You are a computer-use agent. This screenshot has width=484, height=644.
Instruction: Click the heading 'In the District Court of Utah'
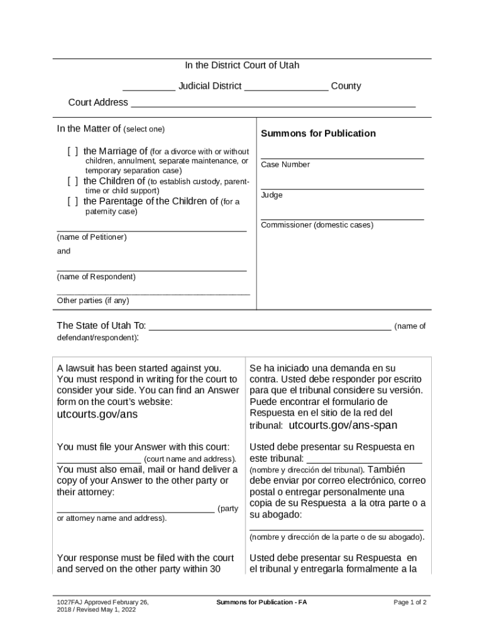[242, 65]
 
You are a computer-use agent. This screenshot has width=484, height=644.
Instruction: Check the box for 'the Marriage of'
[74, 151]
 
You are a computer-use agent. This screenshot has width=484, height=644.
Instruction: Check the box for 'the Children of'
[74, 181]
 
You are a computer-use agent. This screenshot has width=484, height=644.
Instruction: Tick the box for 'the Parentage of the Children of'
[74, 201]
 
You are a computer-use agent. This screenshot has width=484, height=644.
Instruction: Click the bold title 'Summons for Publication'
[318, 133]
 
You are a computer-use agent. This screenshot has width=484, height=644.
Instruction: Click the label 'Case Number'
[285, 165]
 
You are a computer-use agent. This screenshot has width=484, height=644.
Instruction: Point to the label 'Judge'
[272, 195]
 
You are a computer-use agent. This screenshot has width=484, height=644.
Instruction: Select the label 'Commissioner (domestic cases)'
[317, 225]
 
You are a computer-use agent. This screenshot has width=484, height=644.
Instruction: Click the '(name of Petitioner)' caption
[92, 237]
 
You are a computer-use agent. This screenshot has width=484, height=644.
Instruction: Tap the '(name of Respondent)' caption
[96, 277]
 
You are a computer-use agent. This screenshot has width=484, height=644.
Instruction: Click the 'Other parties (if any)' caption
[93, 301]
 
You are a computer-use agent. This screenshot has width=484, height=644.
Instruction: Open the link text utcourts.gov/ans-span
[343, 425]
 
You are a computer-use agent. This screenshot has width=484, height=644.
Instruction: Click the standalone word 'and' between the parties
[63, 251]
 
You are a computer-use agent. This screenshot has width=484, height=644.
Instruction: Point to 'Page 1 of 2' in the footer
[410, 602]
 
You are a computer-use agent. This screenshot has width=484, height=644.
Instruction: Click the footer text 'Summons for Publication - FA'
[261, 602]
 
